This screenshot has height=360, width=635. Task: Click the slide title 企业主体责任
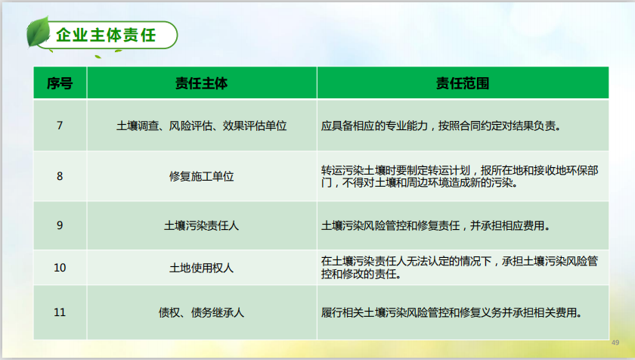click(x=106, y=36)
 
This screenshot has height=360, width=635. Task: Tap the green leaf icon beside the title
click(x=38, y=32)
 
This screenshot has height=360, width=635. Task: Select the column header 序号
click(x=60, y=83)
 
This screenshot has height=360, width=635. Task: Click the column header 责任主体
click(x=201, y=83)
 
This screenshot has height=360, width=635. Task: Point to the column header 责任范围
click(x=463, y=83)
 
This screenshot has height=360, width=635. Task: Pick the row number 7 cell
click(x=60, y=126)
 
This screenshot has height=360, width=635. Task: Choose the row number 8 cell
click(x=60, y=176)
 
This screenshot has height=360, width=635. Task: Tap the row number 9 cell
click(x=60, y=225)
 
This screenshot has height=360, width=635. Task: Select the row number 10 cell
click(x=60, y=268)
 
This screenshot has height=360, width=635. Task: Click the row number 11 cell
click(x=60, y=312)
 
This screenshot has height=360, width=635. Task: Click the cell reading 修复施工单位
click(x=201, y=176)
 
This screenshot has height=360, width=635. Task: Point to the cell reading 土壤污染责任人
click(x=201, y=225)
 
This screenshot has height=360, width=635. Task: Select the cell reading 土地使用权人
click(x=201, y=268)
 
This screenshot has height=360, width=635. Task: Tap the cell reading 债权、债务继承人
click(x=201, y=312)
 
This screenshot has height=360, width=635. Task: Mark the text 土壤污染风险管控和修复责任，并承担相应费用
click(x=435, y=225)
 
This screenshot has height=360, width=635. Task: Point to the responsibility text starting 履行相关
click(x=452, y=312)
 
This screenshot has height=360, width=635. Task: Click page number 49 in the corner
click(x=615, y=343)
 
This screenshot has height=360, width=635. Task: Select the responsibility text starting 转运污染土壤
click(x=460, y=176)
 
